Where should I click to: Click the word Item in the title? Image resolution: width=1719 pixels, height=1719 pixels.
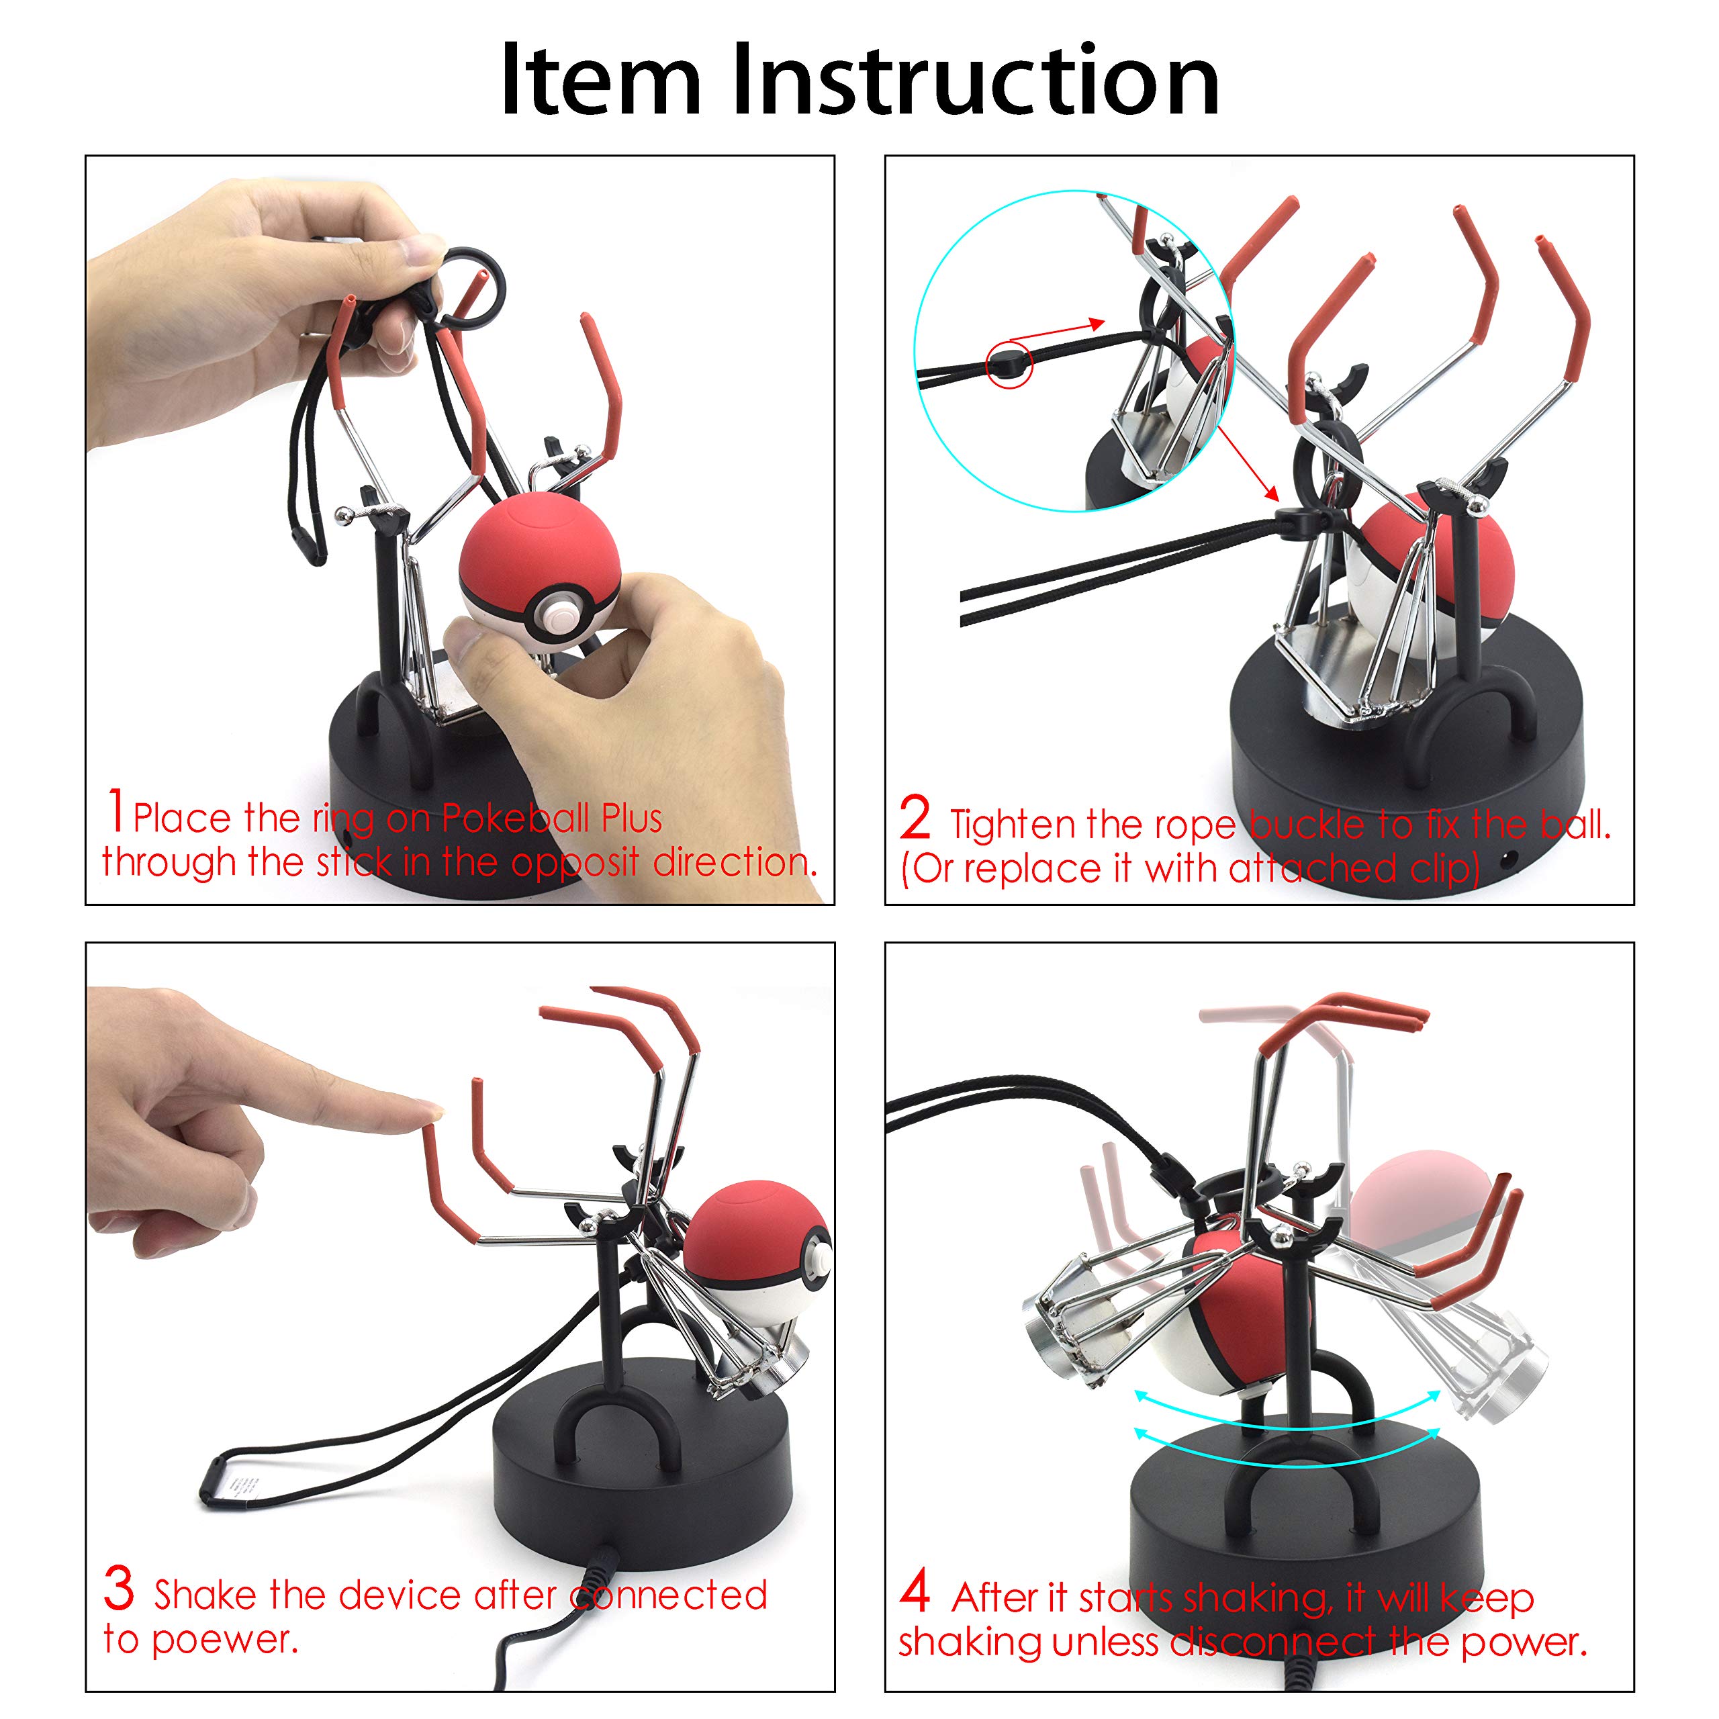click(602, 80)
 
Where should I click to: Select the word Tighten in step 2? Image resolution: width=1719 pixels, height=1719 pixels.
click(1013, 825)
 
